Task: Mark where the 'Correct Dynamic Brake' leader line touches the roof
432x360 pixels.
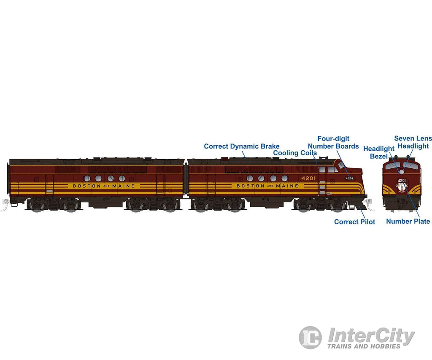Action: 246,158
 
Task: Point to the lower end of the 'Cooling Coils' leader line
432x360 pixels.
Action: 317,163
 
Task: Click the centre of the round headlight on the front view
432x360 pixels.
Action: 402,172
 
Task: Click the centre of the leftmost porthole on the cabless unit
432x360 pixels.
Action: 87,179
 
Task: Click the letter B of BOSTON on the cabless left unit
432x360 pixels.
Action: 74,186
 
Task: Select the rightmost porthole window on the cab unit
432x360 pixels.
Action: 285,179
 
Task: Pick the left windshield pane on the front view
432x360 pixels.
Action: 393,166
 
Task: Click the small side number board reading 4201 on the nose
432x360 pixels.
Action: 350,179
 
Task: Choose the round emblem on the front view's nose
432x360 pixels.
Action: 402,187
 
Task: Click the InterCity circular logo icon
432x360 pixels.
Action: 310,337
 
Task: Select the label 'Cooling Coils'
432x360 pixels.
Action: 295,153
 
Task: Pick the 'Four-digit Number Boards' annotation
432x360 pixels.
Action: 333,143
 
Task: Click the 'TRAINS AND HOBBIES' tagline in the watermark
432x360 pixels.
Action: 364,346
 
